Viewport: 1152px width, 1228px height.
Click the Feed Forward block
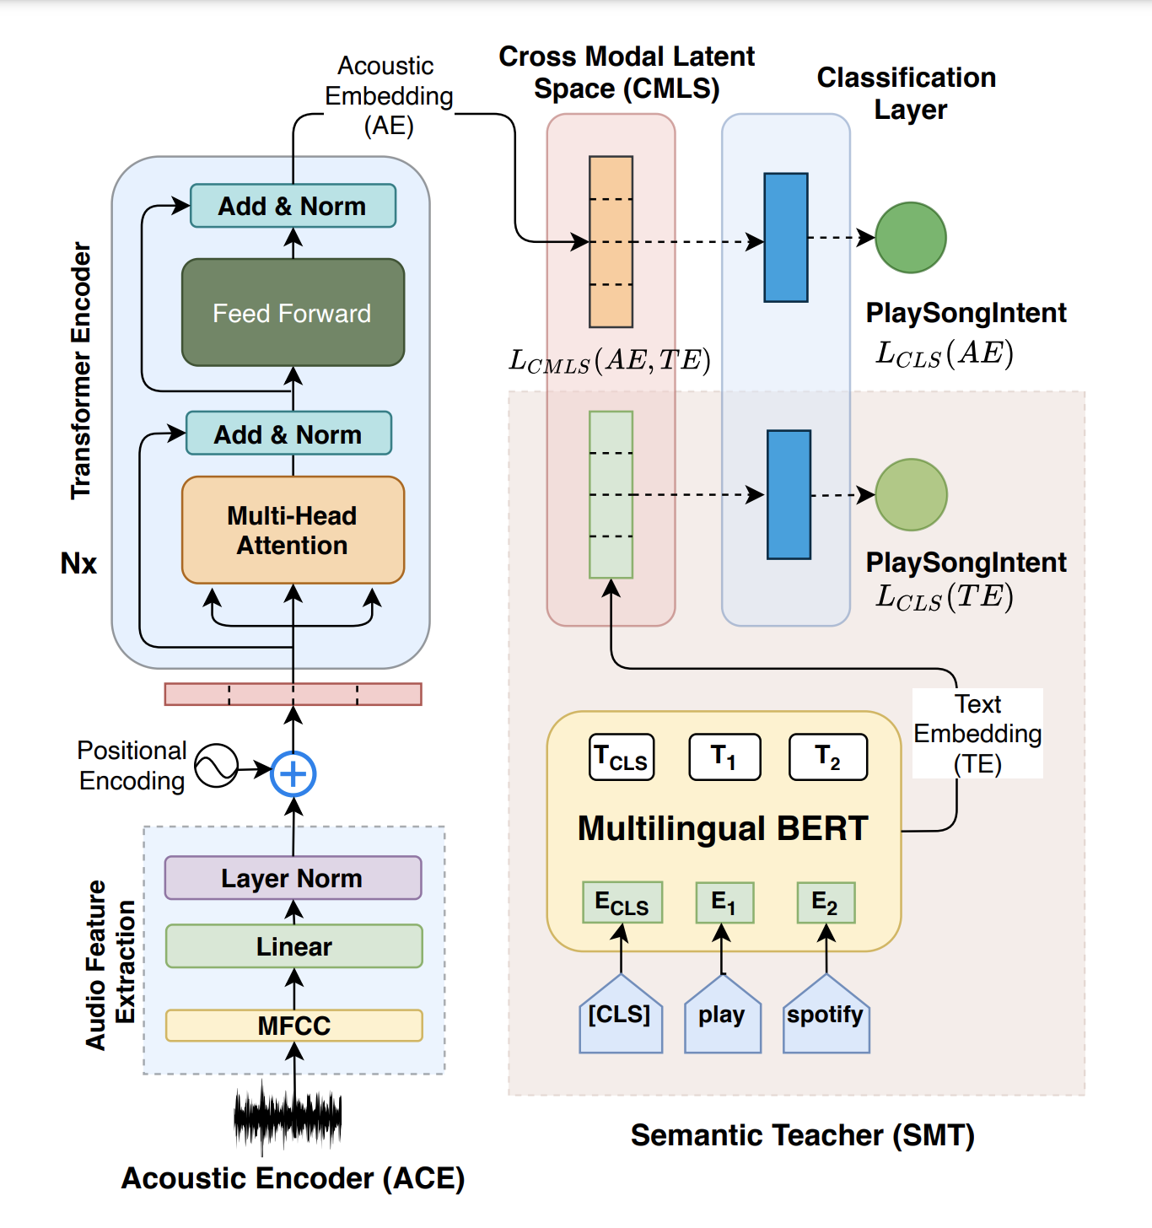pyautogui.click(x=293, y=313)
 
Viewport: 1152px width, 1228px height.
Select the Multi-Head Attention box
pyautogui.click(x=293, y=531)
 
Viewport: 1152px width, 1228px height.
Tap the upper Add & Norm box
pyautogui.click(x=293, y=206)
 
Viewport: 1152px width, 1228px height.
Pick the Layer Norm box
pyautogui.click(x=293, y=878)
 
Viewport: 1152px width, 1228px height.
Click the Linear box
pyautogui.click(x=293, y=946)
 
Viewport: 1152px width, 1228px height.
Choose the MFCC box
pyautogui.click(x=293, y=1026)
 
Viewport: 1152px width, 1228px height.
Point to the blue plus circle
pyautogui.click(x=293, y=773)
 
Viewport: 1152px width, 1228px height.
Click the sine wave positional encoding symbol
pyautogui.click(x=216, y=766)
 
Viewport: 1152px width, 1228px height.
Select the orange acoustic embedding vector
pyautogui.click(x=611, y=242)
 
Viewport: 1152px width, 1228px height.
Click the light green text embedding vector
pyautogui.click(x=611, y=495)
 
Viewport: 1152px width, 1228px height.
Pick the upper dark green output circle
pyautogui.click(x=911, y=238)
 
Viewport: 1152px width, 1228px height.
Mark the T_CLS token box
pyautogui.click(x=622, y=757)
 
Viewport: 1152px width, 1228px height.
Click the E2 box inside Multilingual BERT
pyautogui.click(x=826, y=902)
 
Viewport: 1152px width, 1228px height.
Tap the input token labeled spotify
pyautogui.click(x=826, y=1015)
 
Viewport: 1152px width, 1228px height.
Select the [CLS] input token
pyautogui.click(x=621, y=1015)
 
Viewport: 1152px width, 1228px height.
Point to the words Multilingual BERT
pyautogui.click(x=723, y=828)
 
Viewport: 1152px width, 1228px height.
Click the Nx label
pyautogui.click(x=78, y=563)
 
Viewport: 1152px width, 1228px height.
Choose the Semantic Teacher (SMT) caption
pyautogui.click(x=802, y=1135)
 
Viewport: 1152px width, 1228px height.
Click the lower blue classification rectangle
pyautogui.click(x=789, y=495)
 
